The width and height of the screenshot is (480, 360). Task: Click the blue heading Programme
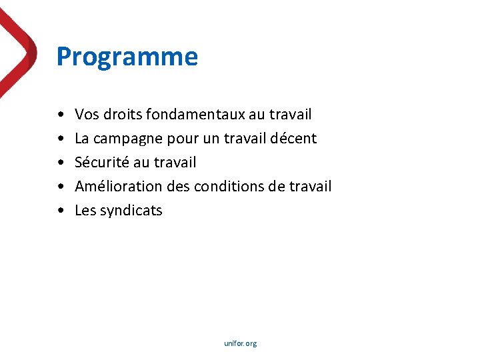point(127,57)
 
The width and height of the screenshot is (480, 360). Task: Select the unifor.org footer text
point(240,343)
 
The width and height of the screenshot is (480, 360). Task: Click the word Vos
point(86,115)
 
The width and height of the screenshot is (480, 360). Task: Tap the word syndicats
point(131,211)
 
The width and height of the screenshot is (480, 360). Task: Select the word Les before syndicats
point(85,211)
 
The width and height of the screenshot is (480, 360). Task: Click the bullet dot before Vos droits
point(61,115)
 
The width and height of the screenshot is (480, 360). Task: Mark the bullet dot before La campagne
point(61,139)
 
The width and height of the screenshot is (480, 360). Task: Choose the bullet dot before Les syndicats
point(61,211)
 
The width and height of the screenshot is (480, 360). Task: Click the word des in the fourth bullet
point(177,187)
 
